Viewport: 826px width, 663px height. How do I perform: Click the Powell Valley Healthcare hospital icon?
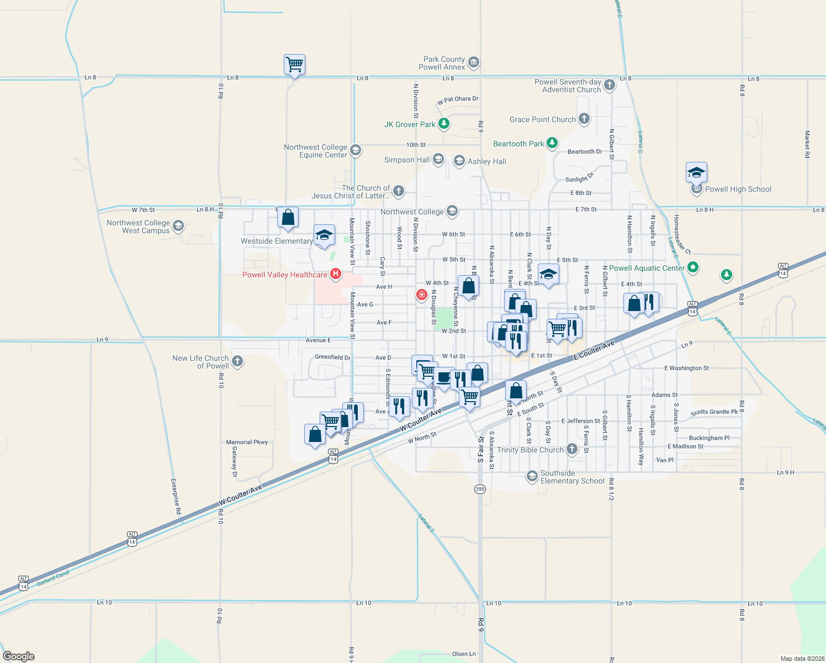click(x=335, y=274)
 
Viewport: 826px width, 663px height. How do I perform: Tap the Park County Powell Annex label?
click(x=444, y=63)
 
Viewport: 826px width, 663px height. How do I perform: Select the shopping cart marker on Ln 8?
click(x=294, y=65)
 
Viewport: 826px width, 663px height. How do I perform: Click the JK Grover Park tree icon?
click(x=443, y=124)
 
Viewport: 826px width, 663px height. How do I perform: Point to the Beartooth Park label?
click(x=518, y=144)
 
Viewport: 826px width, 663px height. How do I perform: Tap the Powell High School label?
click(x=738, y=189)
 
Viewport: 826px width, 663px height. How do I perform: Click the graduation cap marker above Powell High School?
click(x=696, y=173)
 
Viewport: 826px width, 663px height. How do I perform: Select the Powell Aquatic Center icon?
click(x=693, y=267)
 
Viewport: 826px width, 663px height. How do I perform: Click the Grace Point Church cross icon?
click(x=584, y=119)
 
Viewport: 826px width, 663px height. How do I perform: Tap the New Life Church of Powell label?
click(x=200, y=362)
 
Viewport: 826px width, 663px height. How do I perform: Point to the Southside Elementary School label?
click(x=572, y=477)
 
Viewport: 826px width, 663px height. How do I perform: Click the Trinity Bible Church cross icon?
click(x=572, y=449)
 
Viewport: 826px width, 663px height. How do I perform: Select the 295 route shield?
click(x=480, y=489)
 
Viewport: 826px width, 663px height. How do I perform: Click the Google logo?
click(x=19, y=656)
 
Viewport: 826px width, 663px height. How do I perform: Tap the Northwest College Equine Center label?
click(x=316, y=151)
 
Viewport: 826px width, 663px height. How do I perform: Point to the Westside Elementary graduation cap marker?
click(x=324, y=235)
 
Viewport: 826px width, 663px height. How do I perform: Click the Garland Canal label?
click(x=54, y=578)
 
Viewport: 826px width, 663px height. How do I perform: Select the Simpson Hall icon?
click(x=438, y=160)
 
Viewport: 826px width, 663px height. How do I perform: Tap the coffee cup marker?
click(x=443, y=378)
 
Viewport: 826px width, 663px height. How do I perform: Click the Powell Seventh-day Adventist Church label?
click(x=568, y=86)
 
